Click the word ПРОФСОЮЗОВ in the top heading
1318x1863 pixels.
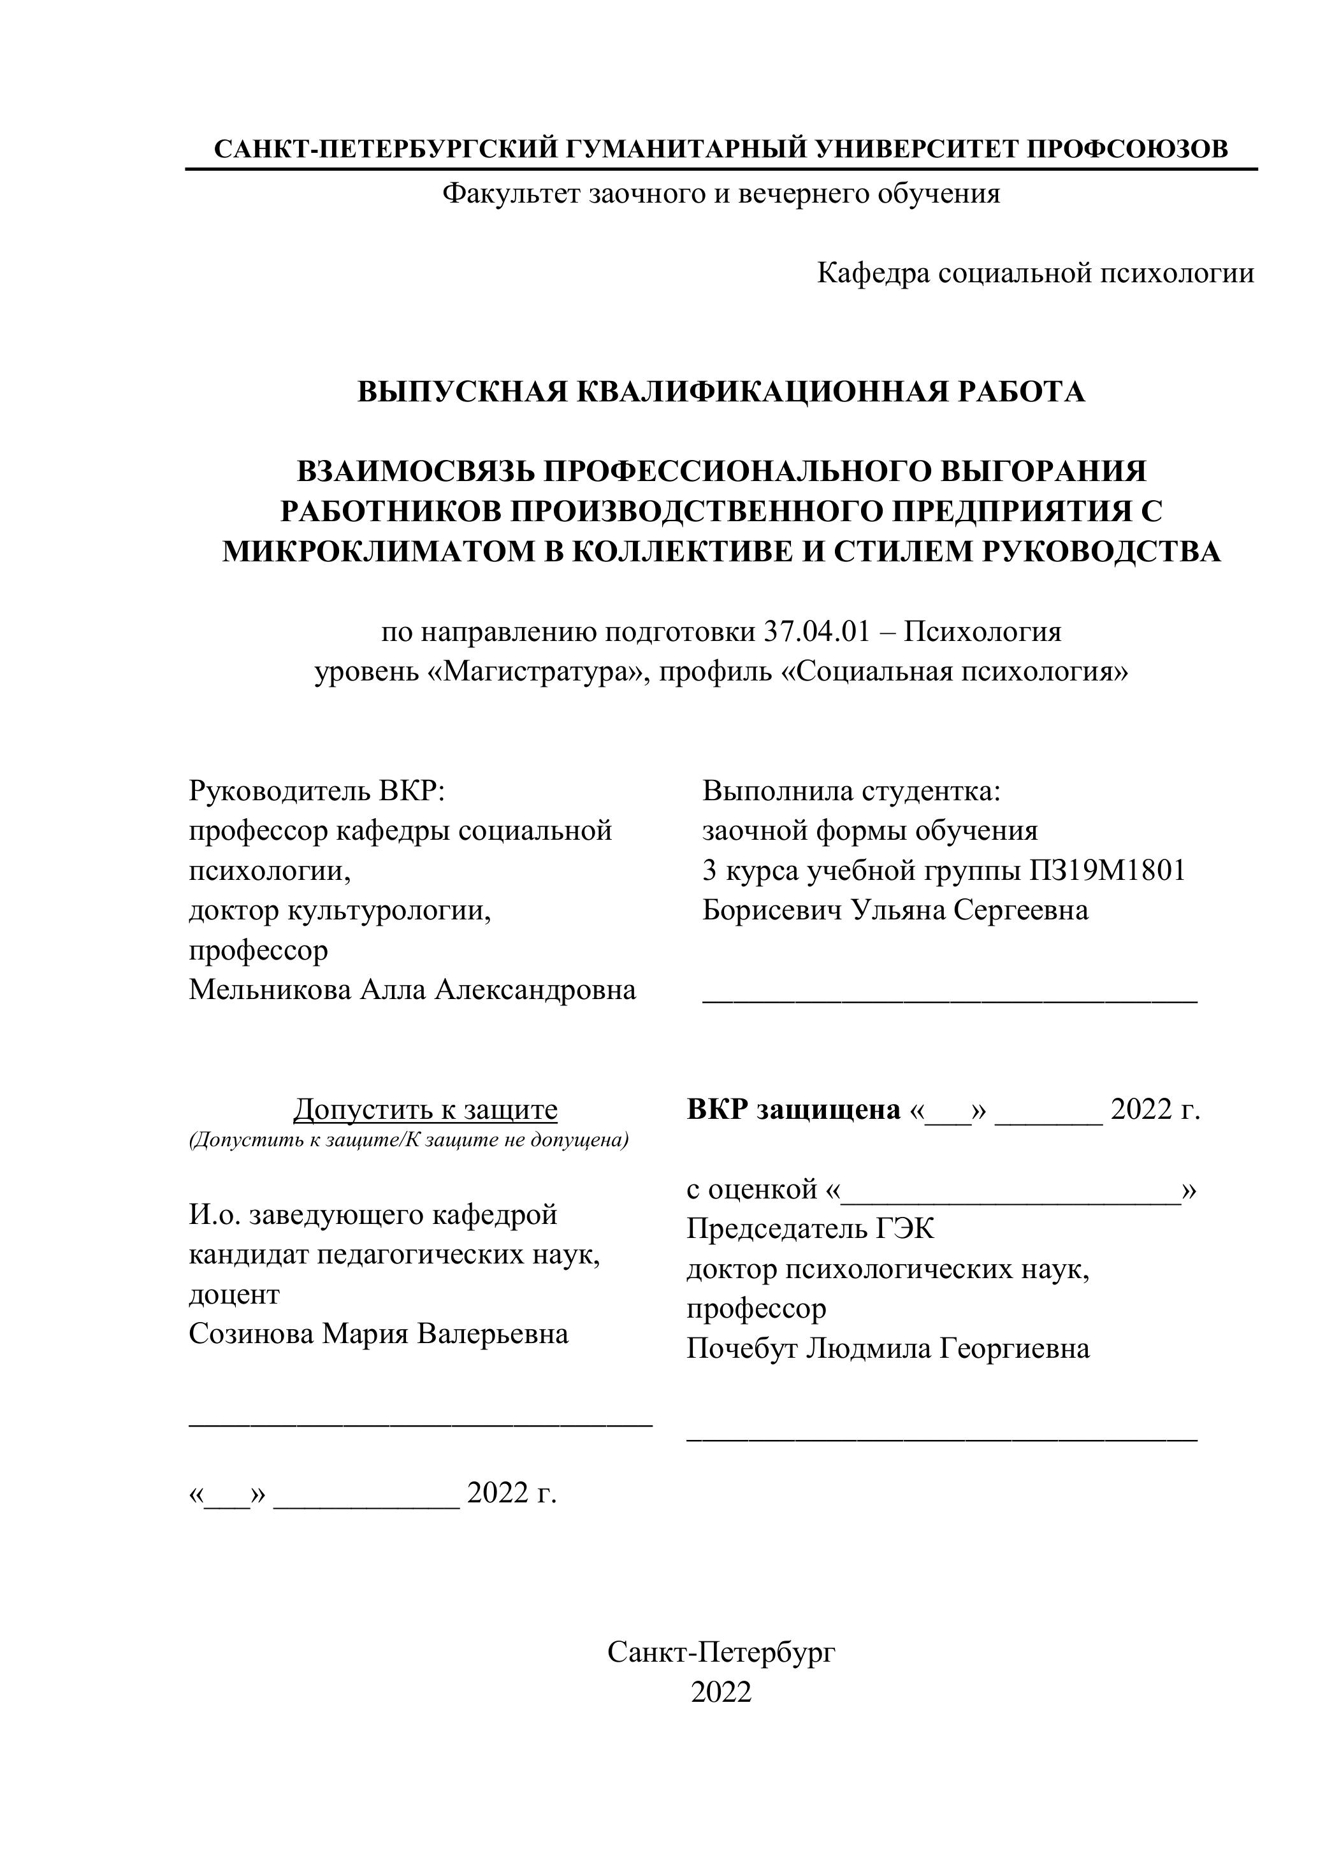[x=1127, y=149]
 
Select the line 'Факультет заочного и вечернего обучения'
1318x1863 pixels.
[x=721, y=194]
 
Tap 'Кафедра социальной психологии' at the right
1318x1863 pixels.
[x=1035, y=273]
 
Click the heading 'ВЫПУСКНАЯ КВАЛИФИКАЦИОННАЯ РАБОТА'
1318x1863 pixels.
[x=721, y=392]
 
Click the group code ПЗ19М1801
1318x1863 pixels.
[x=1107, y=870]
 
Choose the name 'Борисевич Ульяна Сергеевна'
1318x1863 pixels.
[x=895, y=910]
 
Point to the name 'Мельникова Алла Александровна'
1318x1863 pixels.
[x=412, y=990]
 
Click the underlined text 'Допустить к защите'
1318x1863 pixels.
[x=425, y=1109]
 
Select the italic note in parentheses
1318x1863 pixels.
[x=409, y=1140]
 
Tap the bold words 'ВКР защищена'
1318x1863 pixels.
[x=793, y=1109]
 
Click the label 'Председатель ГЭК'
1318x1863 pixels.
[x=810, y=1229]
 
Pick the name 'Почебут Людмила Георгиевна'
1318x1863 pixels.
[x=888, y=1349]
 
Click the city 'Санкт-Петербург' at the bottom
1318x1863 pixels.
[x=721, y=1652]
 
